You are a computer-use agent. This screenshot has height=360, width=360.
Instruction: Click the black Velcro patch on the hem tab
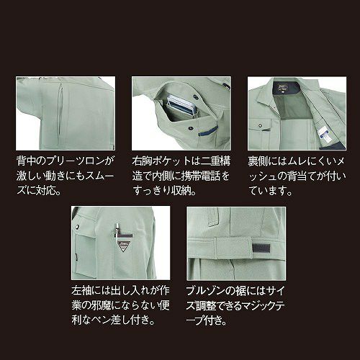(x=261, y=248)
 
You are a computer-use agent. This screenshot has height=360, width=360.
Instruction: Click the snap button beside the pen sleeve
(x=78, y=226)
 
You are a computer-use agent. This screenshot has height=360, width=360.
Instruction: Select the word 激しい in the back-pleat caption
(x=30, y=176)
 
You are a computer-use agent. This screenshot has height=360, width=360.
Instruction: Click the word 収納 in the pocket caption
(x=182, y=191)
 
